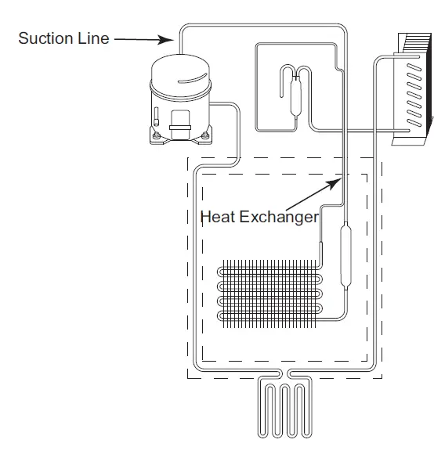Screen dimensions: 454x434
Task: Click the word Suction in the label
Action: [44, 38]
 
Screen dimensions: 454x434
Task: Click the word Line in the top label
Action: [92, 38]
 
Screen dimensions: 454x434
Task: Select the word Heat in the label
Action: [216, 217]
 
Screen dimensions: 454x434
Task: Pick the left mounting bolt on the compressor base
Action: [157, 136]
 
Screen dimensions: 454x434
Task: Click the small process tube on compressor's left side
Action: [156, 117]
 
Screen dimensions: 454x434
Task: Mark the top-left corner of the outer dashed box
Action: [188, 157]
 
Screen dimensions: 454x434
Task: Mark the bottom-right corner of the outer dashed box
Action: [382, 378]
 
